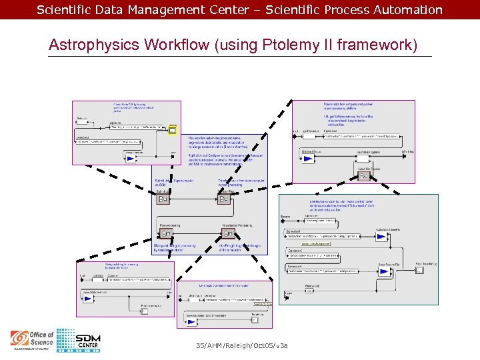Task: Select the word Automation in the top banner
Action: [x=407, y=10]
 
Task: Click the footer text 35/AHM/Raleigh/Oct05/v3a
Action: [x=242, y=345]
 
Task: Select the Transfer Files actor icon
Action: [x=223, y=199]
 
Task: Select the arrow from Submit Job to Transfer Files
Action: [x=193, y=199]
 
